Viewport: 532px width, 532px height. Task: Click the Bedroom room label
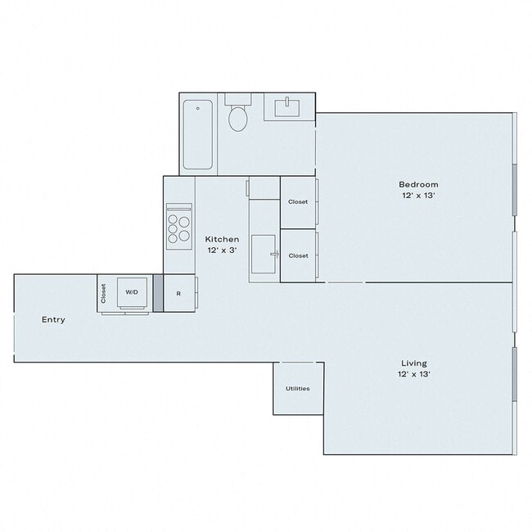click(418, 184)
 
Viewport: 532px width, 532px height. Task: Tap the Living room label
click(413, 363)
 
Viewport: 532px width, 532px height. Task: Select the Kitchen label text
click(222, 239)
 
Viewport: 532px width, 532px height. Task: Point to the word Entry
click(53, 319)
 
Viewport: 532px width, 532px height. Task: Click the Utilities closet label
click(298, 388)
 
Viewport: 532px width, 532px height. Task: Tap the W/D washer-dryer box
click(132, 292)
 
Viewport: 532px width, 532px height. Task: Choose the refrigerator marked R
click(178, 293)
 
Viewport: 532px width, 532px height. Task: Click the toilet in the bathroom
click(238, 119)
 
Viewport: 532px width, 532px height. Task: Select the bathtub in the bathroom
click(198, 134)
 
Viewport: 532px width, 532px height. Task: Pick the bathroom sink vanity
click(289, 107)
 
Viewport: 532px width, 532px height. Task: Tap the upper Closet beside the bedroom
click(298, 201)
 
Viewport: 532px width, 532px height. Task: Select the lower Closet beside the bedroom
click(298, 255)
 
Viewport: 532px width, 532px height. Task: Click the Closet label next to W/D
click(104, 293)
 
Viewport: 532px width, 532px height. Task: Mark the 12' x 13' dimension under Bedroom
click(418, 196)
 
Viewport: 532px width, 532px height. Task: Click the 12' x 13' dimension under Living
click(415, 374)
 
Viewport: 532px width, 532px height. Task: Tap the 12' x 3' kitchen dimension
click(222, 250)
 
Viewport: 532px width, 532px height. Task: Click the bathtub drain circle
click(198, 108)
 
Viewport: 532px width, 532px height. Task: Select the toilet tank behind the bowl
click(238, 99)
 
